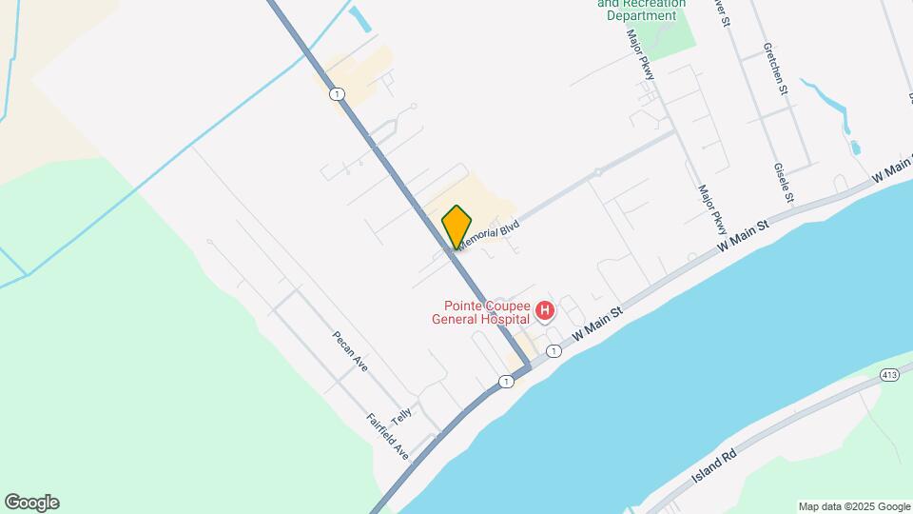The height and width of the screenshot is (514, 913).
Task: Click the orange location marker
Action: point(456,227)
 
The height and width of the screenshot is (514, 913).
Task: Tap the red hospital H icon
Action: point(545,311)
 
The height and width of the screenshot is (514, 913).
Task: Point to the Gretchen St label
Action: point(776,69)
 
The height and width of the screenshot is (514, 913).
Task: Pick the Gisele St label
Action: point(785,184)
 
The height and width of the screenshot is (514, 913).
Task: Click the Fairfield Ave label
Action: point(387,437)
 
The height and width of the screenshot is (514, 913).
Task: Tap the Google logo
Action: point(31,503)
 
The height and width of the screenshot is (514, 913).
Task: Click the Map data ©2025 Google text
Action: point(853,506)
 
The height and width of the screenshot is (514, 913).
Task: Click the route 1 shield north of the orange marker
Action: point(337,93)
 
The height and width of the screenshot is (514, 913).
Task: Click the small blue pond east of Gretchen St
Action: point(854,148)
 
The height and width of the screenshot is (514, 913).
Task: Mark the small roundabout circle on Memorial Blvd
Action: point(597,172)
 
